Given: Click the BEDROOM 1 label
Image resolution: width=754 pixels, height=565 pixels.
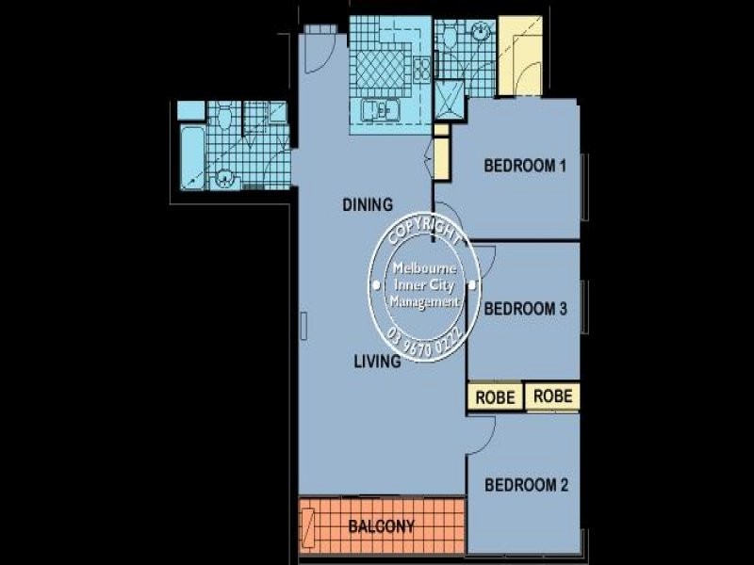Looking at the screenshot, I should (524, 167).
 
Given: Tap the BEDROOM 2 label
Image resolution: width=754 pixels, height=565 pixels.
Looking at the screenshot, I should (525, 486).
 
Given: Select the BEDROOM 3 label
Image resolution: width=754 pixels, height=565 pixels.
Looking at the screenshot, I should (525, 308).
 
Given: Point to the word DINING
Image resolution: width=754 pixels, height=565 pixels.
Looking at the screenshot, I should (367, 204).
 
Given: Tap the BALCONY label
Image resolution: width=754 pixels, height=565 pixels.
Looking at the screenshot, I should (381, 526).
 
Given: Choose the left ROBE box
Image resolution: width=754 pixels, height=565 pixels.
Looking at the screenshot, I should (495, 397).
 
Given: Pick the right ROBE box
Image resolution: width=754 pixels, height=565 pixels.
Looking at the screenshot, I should (552, 396).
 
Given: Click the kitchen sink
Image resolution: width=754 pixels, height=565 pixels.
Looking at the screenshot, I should (382, 110).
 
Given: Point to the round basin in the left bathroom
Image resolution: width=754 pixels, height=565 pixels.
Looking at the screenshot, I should (224, 176).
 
